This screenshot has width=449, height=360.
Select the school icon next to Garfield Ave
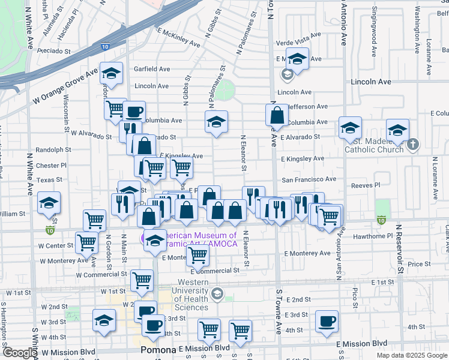click(112, 73)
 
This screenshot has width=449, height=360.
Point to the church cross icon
click(412, 145)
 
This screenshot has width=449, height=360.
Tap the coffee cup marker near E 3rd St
click(327, 321)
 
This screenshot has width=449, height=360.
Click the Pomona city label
click(157, 349)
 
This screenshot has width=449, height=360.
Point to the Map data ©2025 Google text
click(412, 355)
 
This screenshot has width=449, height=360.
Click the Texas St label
click(49, 179)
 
